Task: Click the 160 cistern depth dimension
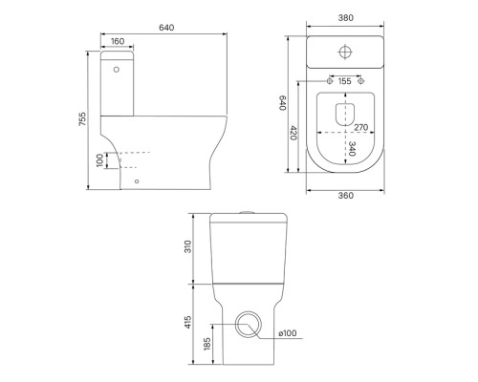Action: [118, 41]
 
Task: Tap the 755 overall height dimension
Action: [82, 118]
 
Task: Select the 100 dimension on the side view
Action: [100, 160]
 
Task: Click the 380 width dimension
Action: [345, 18]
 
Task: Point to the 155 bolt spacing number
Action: [345, 81]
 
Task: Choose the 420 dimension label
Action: [293, 133]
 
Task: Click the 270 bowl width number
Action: [361, 127]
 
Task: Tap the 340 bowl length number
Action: [352, 149]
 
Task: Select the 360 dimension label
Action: [345, 196]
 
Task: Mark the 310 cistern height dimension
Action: [188, 246]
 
